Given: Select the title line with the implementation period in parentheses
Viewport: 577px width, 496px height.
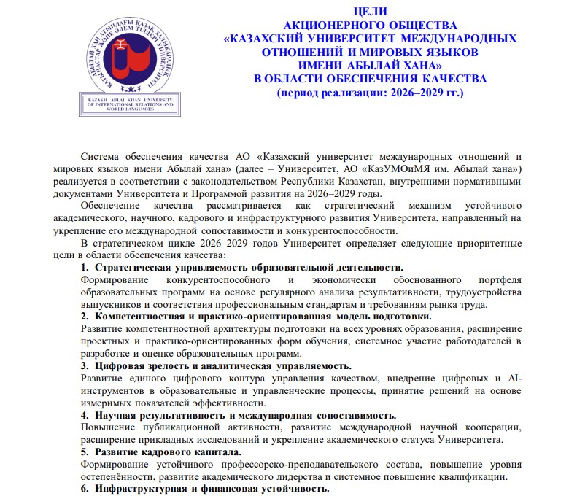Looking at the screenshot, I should pos(371,93).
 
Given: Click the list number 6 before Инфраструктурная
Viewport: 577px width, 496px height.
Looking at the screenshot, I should pos(85,489).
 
